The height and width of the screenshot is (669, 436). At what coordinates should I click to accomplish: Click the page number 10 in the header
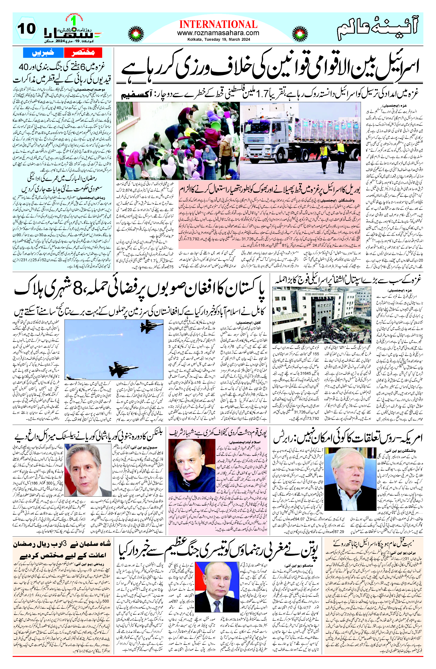27,29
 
